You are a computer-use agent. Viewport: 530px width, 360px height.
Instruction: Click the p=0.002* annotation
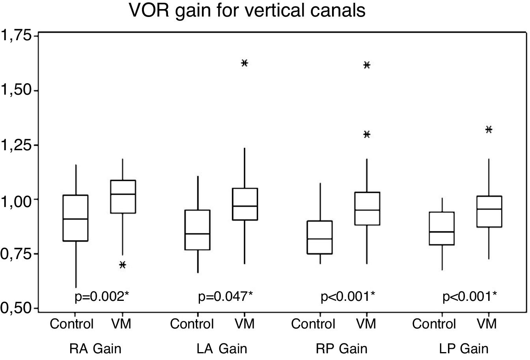click(x=102, y=297)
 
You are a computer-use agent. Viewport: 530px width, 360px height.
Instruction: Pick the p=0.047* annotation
click(x=225, y=297)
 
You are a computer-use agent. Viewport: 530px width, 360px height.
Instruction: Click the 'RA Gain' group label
click(x=95, y=349)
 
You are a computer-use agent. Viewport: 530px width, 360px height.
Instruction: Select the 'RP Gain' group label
click(x=342, y=349)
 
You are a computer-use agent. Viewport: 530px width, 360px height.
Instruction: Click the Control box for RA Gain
click(x=75, y=218)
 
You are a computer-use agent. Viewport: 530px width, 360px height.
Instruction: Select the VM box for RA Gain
click(x=123, y=196)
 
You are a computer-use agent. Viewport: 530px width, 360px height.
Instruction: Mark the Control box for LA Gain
click(x=198, y=230)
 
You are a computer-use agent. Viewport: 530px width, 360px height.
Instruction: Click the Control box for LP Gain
click(x=442, y=228)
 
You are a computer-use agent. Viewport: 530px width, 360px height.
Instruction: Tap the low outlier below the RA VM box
click(x=123, y=265)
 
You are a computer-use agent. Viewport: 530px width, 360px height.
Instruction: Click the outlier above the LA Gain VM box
click(x=244, y=63)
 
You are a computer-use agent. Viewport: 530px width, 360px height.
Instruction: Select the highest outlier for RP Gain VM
click(x=367, y=65)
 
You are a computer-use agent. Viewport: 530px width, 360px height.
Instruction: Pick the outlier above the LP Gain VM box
click(x=489, y=129)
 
